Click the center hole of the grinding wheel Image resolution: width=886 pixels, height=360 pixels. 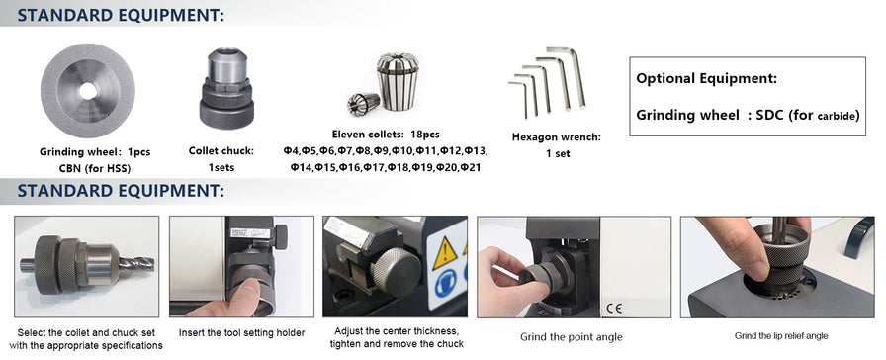tap(88, 90)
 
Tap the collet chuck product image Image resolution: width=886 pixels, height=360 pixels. tap(226, 88)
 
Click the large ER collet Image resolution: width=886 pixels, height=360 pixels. tap(398, 81)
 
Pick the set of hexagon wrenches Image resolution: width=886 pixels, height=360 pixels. tap(547, 82)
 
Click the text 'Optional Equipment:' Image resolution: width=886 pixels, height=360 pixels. tap(706, 78)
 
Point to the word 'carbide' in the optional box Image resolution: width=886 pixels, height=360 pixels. tap(839, 117)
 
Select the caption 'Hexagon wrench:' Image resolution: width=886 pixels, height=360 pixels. tap(557, 136)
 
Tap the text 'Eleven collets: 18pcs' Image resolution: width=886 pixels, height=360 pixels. tap(386, 135)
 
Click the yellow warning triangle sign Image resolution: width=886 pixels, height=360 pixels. tap(445, 253)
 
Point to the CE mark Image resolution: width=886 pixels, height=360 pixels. tap(614, 308)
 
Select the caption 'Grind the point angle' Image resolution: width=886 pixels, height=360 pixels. tap(572, 337)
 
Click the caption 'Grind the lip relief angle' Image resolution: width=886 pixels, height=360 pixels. tap(781, 335)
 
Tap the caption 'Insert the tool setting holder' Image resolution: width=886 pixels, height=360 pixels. tap(242, 333)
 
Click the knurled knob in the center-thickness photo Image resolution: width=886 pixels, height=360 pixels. tap(396, 271)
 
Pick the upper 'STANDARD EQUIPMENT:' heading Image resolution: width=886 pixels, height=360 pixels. tap(121, 15)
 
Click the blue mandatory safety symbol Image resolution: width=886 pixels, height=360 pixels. tap(446, 284)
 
